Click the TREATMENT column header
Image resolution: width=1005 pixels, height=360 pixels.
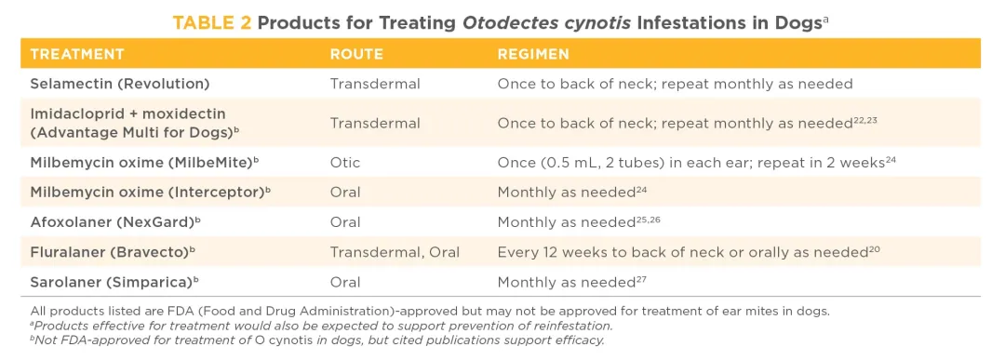77,54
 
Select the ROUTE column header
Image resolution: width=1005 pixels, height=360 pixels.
356,54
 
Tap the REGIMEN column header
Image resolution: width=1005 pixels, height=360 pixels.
533,54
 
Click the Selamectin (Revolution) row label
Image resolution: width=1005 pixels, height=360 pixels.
120,84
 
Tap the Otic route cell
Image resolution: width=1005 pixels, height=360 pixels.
345,163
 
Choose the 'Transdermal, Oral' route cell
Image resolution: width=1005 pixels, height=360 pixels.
395,252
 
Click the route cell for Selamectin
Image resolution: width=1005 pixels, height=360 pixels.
375,84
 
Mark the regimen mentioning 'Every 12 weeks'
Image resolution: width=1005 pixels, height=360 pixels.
689,252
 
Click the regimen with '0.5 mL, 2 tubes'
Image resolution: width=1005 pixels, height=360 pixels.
696,163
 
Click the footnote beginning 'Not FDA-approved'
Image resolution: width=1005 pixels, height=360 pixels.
317,340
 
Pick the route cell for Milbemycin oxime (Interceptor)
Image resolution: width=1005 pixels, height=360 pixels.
345,193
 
